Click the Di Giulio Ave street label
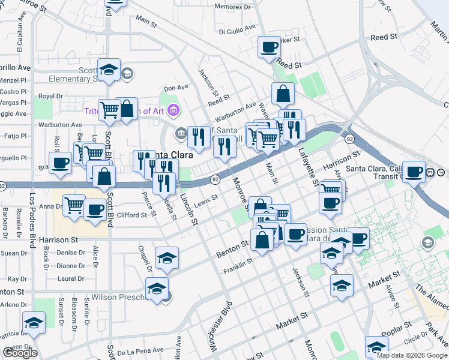click(x=237, y=31)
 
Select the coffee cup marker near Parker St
click(x=269, y=47)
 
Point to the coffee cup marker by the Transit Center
click(x=414, y=172)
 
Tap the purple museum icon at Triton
click(x=174, y=110)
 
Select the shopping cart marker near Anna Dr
click(x=74, y=205)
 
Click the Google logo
click(x=20, y=353)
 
